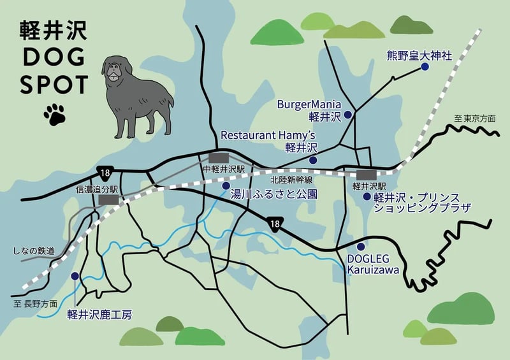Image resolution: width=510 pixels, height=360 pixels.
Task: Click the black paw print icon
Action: click(55, 113)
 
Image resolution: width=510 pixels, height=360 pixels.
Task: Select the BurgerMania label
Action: click(310, 104)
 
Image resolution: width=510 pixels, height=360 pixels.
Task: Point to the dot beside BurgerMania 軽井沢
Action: click(348, 115)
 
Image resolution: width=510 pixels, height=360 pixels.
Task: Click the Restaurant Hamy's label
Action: click(268, 135)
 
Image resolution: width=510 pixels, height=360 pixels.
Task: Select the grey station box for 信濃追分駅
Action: click(108, 199)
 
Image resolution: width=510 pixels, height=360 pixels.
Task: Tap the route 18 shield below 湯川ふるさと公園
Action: click(275, 223)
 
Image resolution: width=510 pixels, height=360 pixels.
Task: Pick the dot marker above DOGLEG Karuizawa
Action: click(361, 247)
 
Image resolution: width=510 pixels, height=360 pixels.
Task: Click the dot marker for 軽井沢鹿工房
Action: click(76, 276)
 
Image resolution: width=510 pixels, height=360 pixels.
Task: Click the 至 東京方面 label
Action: click(475, 119)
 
